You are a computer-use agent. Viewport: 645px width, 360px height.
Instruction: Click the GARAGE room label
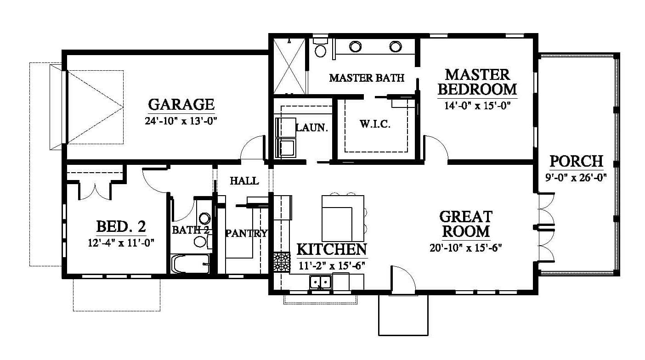coord(181,104)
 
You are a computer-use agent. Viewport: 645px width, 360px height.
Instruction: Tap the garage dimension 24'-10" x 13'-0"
coord(181,121)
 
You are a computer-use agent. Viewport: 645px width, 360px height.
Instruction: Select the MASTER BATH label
coord(367,78)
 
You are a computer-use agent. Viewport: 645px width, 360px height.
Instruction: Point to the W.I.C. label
coord(375,124)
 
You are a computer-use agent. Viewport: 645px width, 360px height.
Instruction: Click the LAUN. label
coord(312,128)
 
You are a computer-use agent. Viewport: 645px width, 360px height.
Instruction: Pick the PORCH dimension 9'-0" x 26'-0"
coord(576,177)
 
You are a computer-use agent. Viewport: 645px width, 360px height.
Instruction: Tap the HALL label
coord(244,181)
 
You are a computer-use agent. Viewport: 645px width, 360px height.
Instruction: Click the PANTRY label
coord(247,233)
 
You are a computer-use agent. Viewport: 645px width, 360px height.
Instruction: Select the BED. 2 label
coord(121,226)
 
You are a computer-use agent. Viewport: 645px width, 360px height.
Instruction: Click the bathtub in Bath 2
coord(191,264)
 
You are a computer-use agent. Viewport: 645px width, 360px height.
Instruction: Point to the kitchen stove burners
coord(282,262)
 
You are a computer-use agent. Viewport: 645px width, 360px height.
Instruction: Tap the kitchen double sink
coord(321,282)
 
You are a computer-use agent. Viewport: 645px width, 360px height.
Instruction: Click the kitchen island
coord(343,219)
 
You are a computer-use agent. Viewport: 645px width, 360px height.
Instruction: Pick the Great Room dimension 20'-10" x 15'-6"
coord(466,248)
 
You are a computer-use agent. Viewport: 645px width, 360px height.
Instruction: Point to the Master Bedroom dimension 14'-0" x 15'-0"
coord(477,106)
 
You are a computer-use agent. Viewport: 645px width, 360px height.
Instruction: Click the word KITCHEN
coord(332,249)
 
